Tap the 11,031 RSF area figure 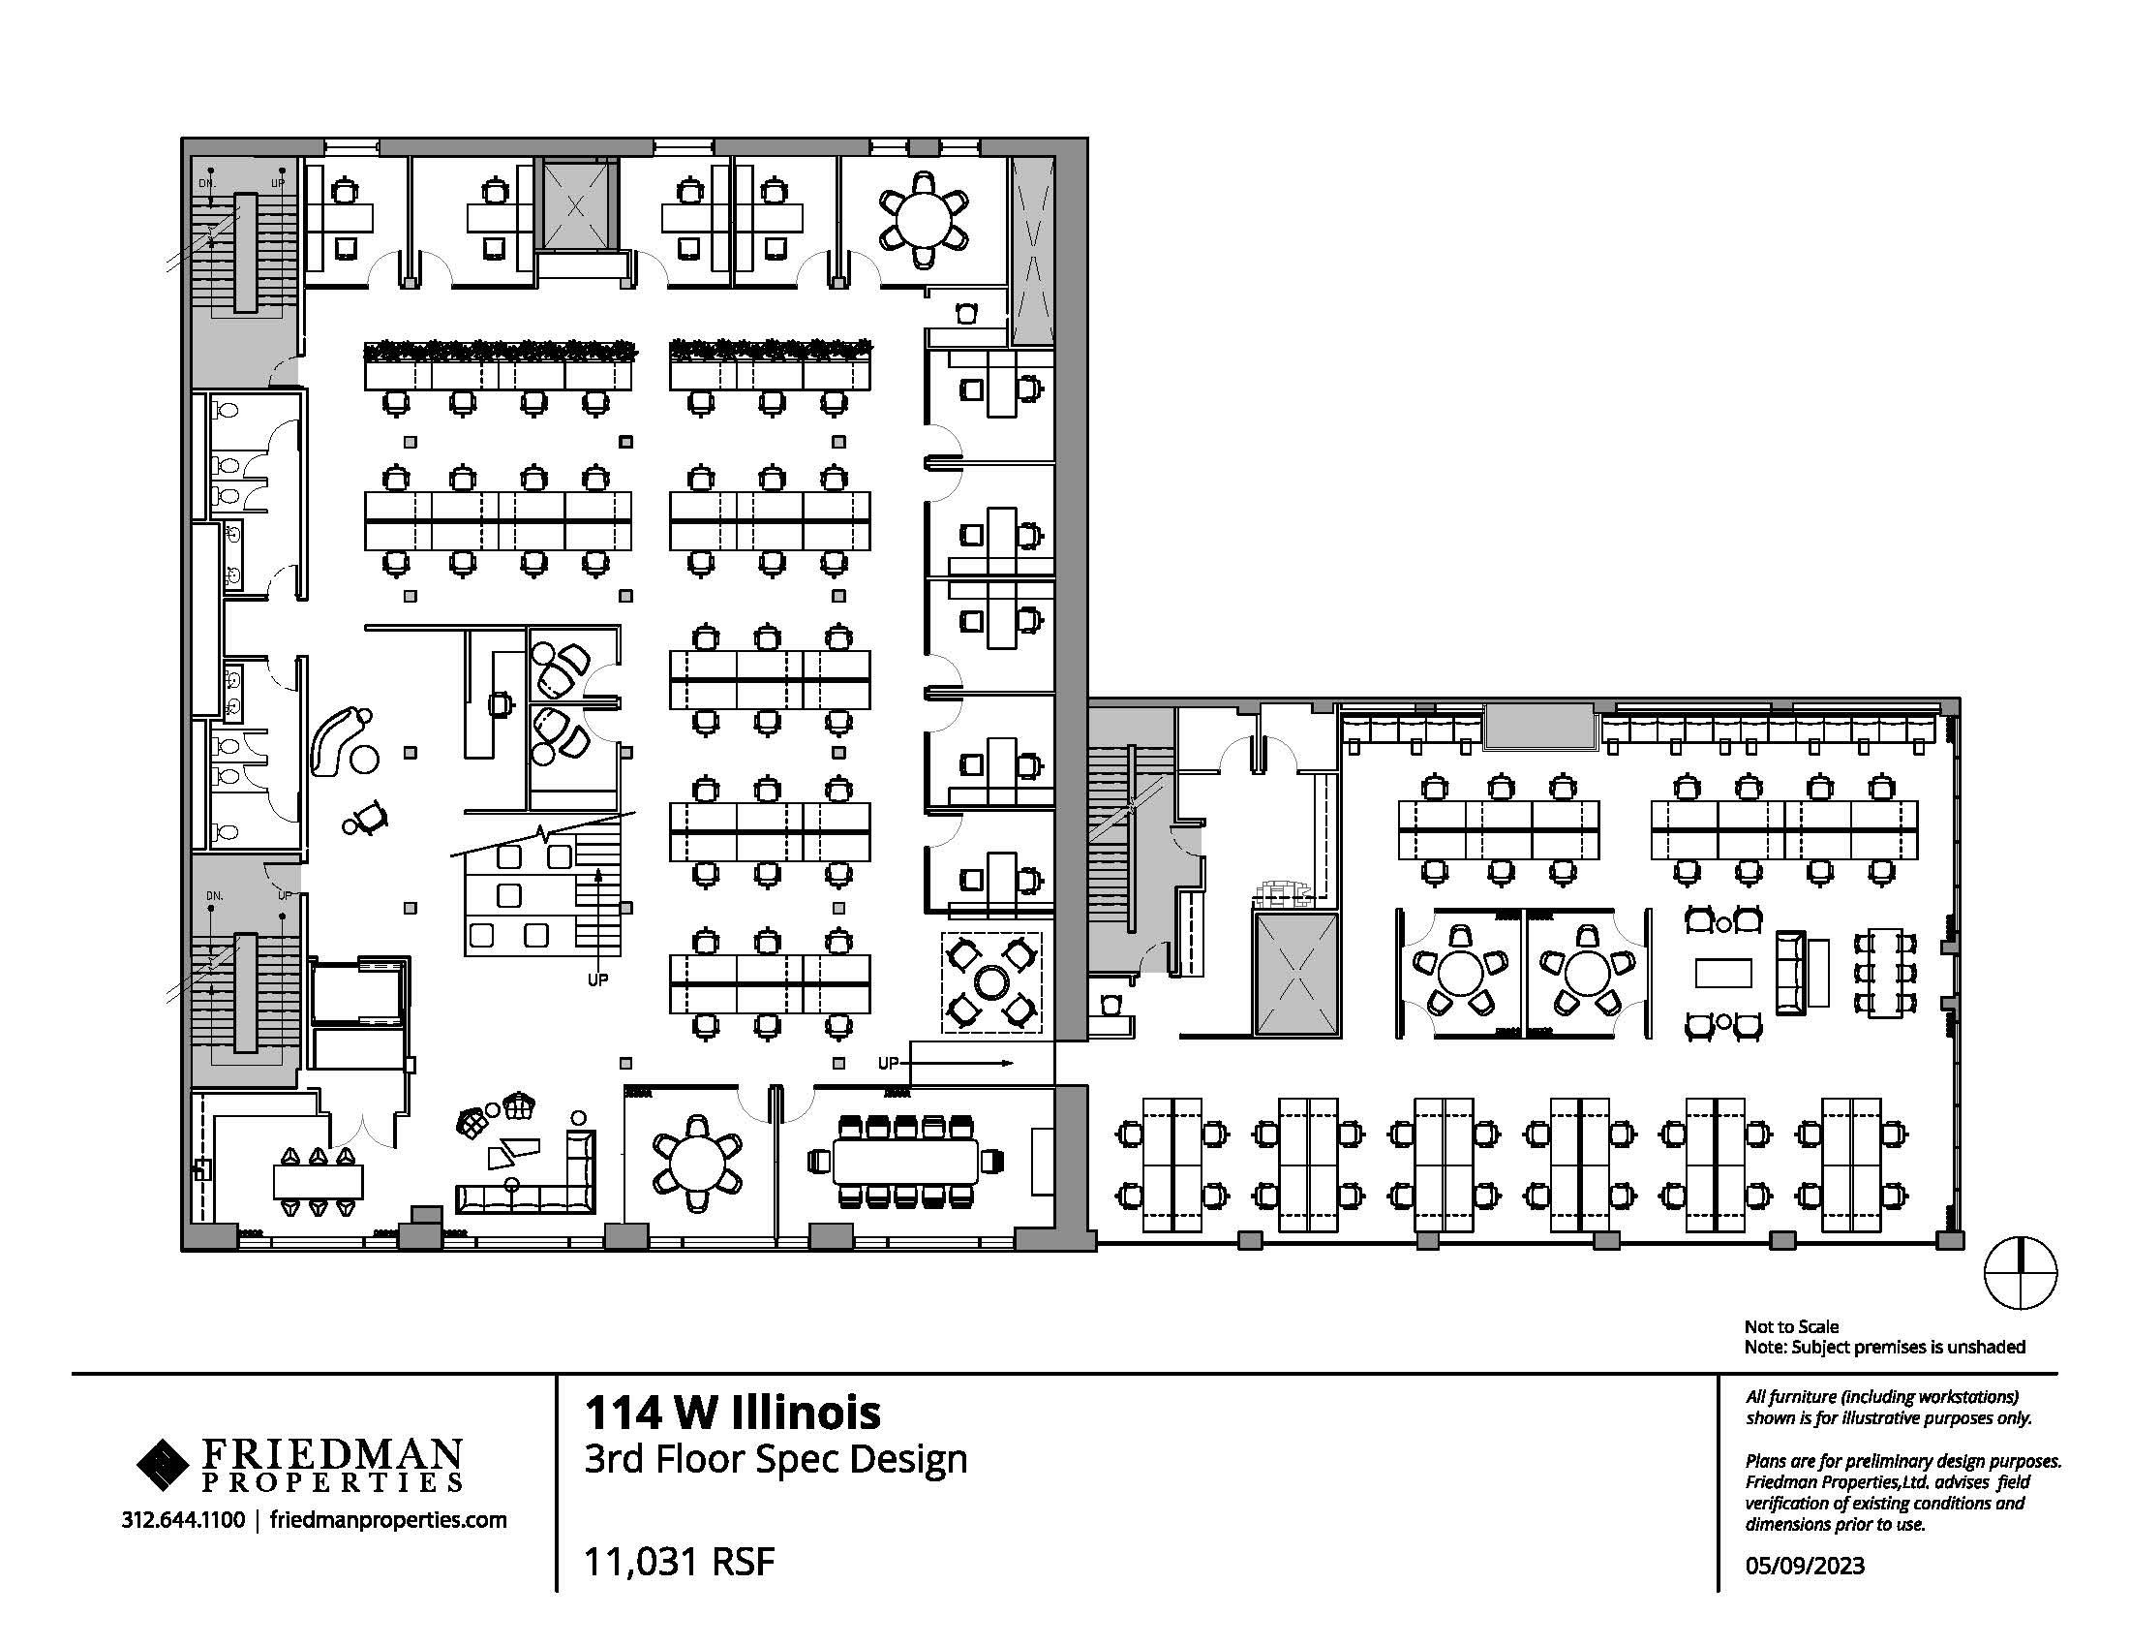coord(679,1562)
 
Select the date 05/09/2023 coord(1806,1566)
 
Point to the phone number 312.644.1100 coord(183,1519)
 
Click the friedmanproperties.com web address coord(388,1520)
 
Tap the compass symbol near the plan coord(2021,1273)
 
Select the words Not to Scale coord(1791,1326)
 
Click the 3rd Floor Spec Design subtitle coord(776,1459)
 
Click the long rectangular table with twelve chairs coord(906,1161)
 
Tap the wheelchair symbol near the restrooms coord(365,817)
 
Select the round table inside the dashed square coord(990,981)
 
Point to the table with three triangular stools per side coord(318,1182)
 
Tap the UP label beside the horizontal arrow coord(888,1063)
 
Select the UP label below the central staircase coord(597,979)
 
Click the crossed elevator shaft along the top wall coord(576,205)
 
